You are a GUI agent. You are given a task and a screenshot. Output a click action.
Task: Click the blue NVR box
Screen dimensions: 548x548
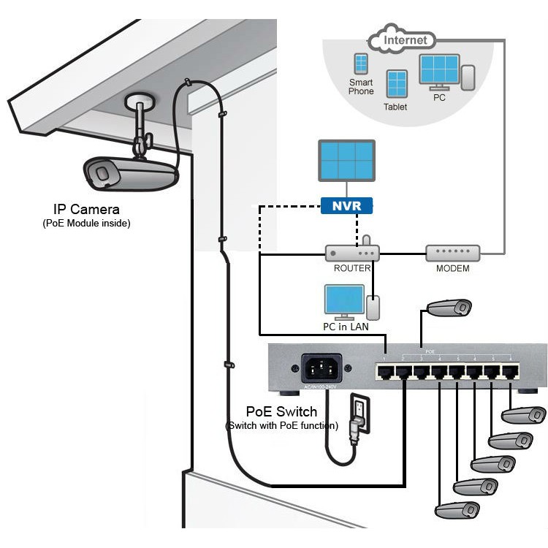click(x=346, y=205)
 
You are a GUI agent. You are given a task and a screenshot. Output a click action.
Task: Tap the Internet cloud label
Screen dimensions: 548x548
click(x=405, y=40)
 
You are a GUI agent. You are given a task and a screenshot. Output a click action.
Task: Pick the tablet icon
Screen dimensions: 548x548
click(x=397, y=84)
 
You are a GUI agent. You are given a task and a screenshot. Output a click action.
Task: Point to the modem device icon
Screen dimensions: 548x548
click(x=452, y=253)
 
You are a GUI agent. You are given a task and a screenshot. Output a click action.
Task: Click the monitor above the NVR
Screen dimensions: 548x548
click(x=346, y=161)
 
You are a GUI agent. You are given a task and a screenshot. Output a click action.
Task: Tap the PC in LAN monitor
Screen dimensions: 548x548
click(x=343, y=301)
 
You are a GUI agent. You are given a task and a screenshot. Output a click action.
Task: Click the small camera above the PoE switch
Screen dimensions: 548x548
click(x=449, y=307)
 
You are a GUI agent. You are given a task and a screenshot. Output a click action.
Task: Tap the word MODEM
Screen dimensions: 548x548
click(x=452, y=268)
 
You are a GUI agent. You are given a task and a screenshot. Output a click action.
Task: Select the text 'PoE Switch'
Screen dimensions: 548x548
click(x=281, y=412)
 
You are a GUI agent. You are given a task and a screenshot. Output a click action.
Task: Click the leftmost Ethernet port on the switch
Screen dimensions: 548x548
click(x=385, y=372)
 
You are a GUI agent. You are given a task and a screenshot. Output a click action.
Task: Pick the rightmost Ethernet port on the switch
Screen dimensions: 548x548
click(x=510, y=372)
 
